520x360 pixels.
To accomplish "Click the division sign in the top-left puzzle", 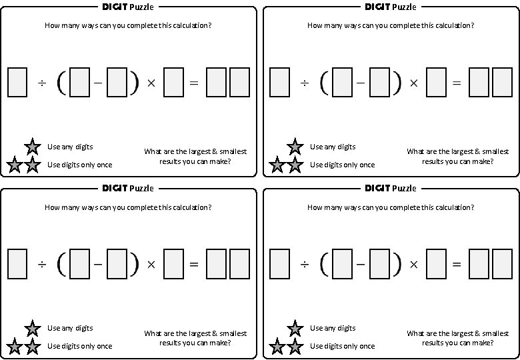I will pos(41,83).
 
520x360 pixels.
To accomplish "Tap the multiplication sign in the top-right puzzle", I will pos(413,83).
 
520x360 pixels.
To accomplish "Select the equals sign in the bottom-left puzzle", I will pos(194,265).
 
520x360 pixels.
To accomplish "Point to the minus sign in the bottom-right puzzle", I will pos(361,265).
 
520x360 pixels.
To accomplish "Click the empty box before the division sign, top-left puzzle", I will pos(17,83).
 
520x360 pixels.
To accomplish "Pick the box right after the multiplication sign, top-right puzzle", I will pos(436,83).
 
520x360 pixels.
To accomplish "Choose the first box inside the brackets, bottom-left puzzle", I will pos(79,264).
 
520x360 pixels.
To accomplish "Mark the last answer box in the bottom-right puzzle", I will pos(502,264).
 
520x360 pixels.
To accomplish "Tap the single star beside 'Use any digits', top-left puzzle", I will pos(32,147).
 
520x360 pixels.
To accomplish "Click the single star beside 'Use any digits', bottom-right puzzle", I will pos(295,328).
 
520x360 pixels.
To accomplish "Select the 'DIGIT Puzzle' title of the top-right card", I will pos(391,7).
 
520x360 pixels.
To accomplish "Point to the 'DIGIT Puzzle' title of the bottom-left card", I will pos(128,188).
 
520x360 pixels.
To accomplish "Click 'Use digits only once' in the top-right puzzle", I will pos(343,165).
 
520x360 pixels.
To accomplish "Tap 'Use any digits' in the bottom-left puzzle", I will pos(70,328).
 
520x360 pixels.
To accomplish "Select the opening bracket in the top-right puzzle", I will pos(325,83).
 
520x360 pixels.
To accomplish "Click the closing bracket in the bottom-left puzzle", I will pos(135,265).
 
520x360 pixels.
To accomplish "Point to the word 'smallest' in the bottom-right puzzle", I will pos(493,333).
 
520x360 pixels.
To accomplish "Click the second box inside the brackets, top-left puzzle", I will pos(117,83).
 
